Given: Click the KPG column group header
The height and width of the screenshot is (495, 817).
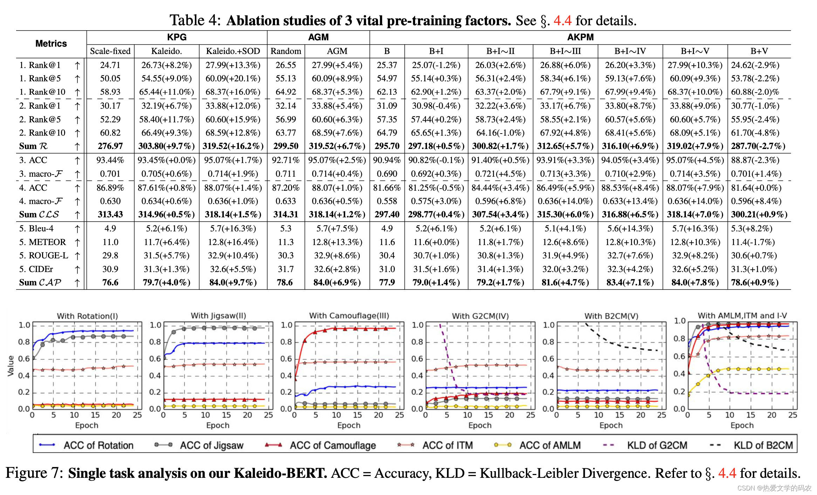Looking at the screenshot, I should point(177,37).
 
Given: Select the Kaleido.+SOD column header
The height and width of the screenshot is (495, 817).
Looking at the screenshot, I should point(233,51).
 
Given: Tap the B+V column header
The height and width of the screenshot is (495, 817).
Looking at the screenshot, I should point(759,51).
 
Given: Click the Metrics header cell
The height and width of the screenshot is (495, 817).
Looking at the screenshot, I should point(51,43).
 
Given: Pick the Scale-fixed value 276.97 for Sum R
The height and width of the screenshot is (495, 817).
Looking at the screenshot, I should point(110,146).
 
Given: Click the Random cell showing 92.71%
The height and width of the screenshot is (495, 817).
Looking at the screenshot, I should point(286,160).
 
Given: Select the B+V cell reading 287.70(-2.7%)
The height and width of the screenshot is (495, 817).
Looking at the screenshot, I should point(758,146).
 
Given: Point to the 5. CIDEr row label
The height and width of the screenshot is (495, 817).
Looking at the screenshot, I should point(36,269).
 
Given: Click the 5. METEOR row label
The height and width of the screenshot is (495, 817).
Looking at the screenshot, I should point(42,242).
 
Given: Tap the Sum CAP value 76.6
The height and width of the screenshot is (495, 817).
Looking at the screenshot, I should point(110,283).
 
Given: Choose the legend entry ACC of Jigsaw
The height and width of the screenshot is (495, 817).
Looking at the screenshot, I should point(211,445).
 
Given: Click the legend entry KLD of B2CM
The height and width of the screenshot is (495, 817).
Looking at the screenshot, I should point(763,445).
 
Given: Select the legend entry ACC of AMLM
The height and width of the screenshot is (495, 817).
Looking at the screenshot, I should point(550,445).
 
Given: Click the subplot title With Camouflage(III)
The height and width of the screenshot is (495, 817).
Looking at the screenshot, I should point(349,316).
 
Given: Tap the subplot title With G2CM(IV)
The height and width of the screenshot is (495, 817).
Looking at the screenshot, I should point(480,316).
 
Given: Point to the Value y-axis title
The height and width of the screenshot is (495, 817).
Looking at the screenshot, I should point(11,366).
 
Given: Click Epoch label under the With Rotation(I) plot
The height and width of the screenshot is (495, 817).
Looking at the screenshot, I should point(87,425).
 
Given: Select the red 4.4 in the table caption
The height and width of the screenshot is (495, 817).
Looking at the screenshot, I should point(562,21).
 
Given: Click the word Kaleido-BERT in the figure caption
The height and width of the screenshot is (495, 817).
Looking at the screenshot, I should point(280,473).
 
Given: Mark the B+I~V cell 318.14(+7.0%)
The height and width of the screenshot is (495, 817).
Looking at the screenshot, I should point(695,215).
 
